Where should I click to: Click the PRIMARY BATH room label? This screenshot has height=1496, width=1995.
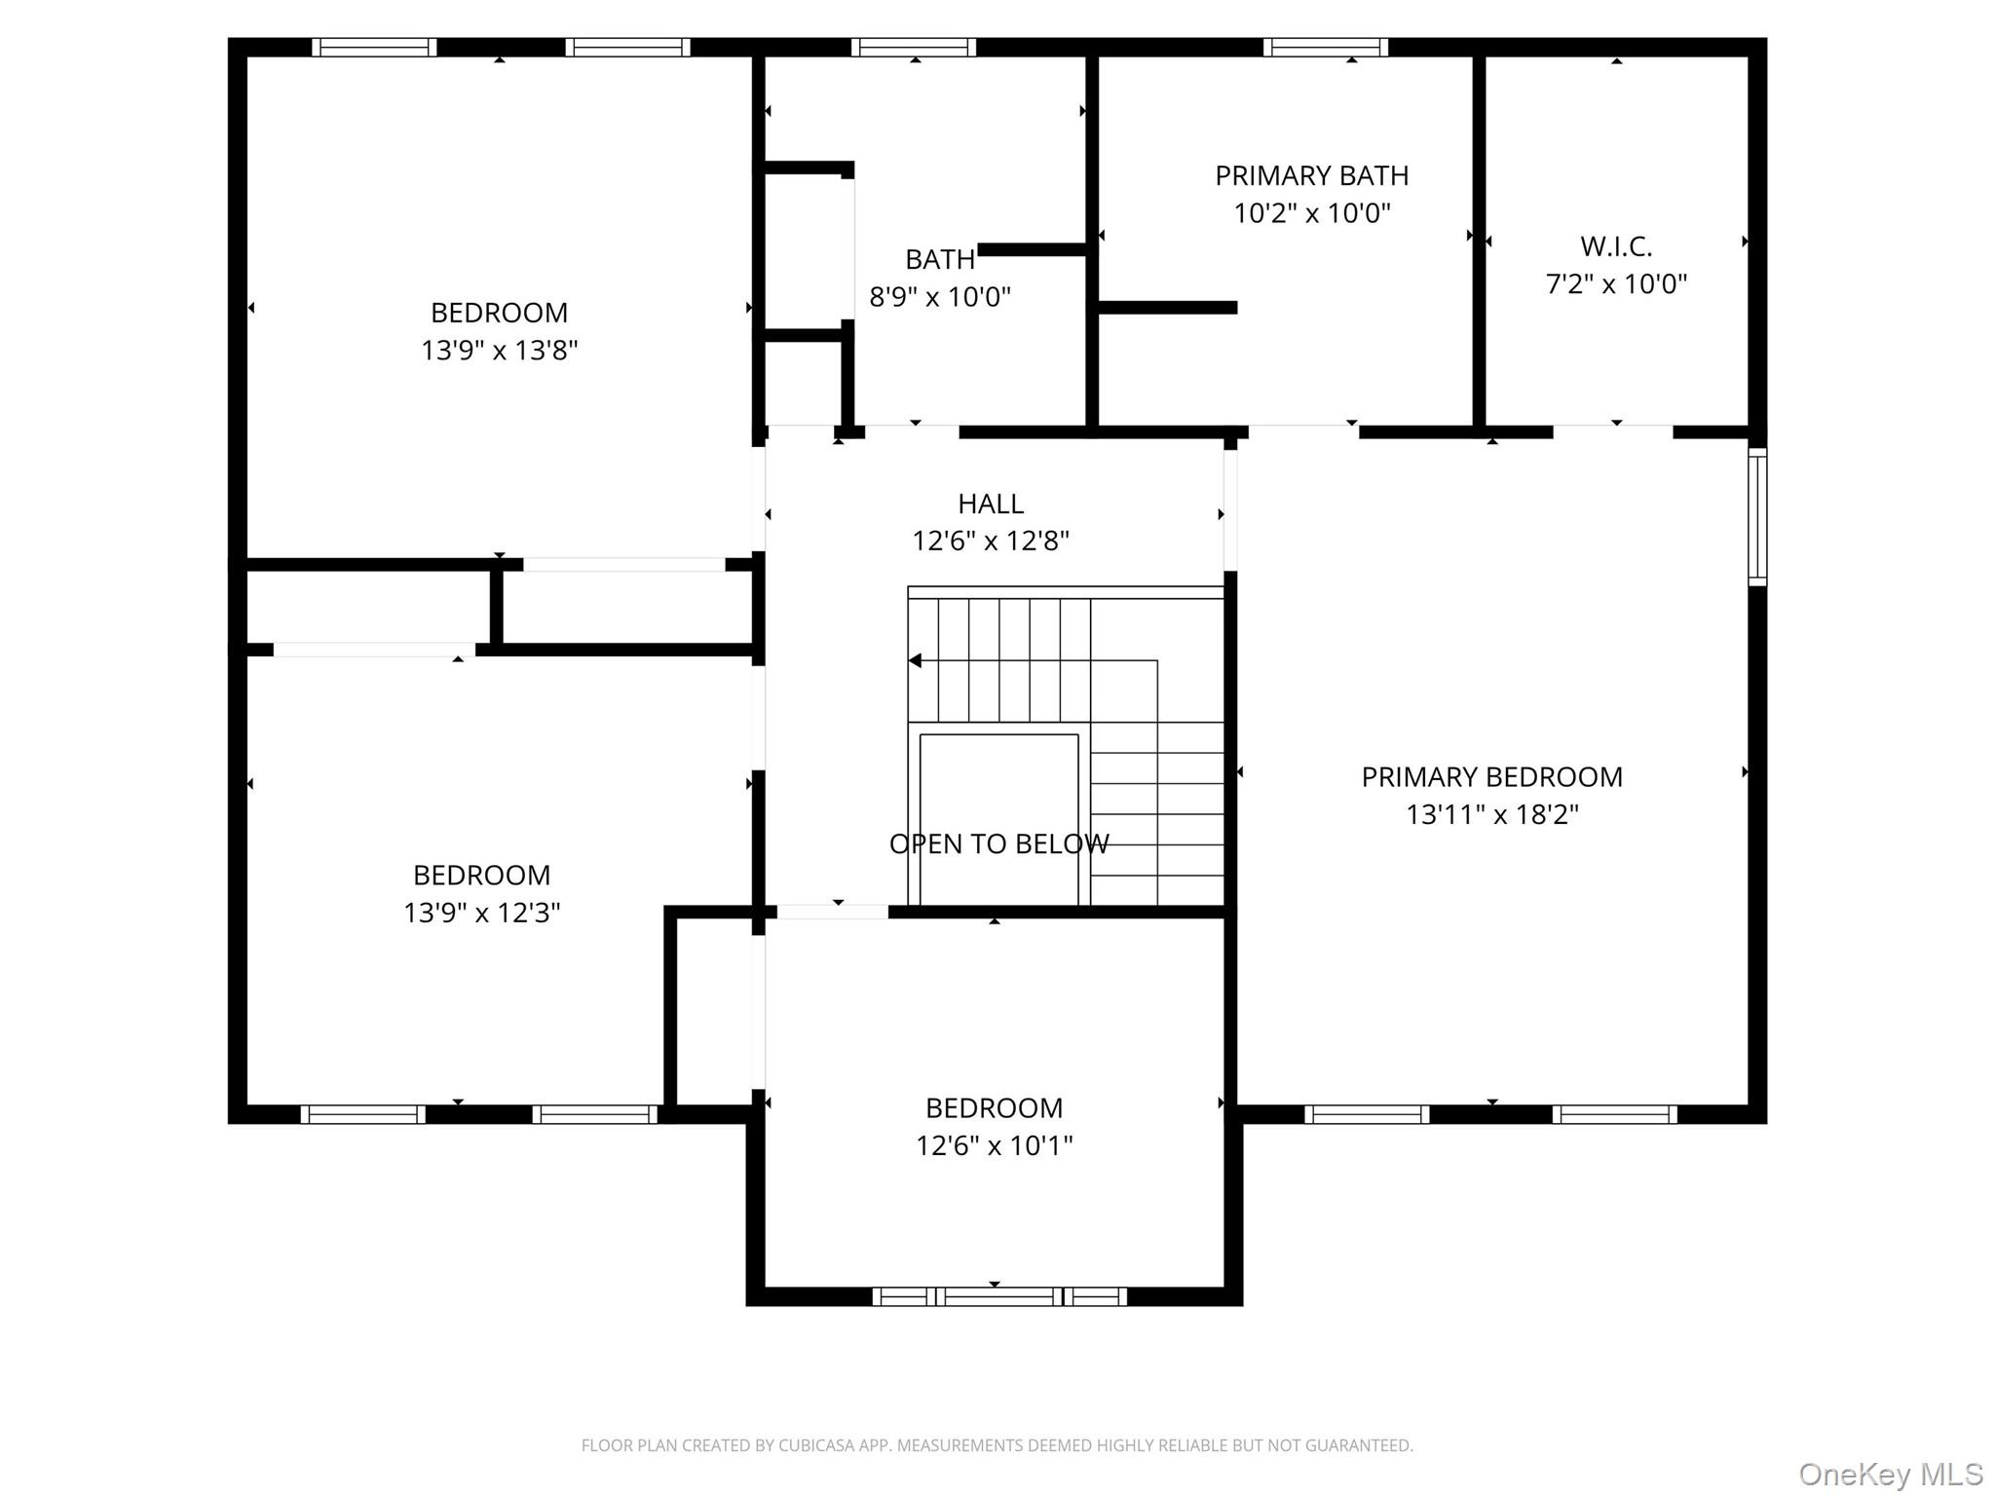[1311, 175]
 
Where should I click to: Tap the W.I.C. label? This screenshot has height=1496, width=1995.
[1616, 246]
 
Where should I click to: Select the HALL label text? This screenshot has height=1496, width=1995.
[991, 504]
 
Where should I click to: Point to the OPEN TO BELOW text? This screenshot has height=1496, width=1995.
[998, 843]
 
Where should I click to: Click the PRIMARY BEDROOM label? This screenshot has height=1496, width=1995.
[1491, 777]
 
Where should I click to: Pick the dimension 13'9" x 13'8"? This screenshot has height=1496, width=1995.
[500, 350]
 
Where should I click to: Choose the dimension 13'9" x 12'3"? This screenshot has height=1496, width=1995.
[482, 913]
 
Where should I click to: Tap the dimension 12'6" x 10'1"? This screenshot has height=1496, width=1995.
[994, 1145]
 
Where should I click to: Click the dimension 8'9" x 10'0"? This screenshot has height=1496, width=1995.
[940, 297]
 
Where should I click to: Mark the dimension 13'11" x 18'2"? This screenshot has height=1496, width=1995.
[1491, 814]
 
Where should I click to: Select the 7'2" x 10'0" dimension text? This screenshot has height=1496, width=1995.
[1616, 283]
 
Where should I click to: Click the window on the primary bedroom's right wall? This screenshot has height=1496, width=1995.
[1757, 516]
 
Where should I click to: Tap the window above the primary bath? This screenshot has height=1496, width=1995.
[1326, 48]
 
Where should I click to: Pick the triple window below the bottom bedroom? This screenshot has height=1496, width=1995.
[999, 1296]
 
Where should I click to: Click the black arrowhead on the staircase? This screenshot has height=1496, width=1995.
[915, 660]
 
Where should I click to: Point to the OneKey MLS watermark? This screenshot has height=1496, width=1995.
[1891, 1474]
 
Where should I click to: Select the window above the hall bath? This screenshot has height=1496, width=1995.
[914, 48]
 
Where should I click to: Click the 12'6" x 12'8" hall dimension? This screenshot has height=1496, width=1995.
[991, 541]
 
